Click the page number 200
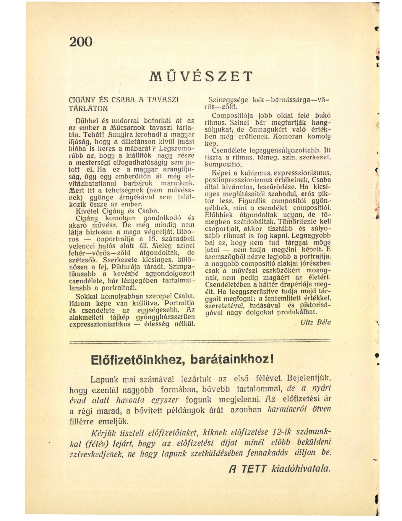tap(81, 41)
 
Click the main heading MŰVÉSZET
tap(201, 76)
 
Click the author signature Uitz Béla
tap(315, 322)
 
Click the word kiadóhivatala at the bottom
tap(301, 469)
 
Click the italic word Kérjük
tap(102, 433)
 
